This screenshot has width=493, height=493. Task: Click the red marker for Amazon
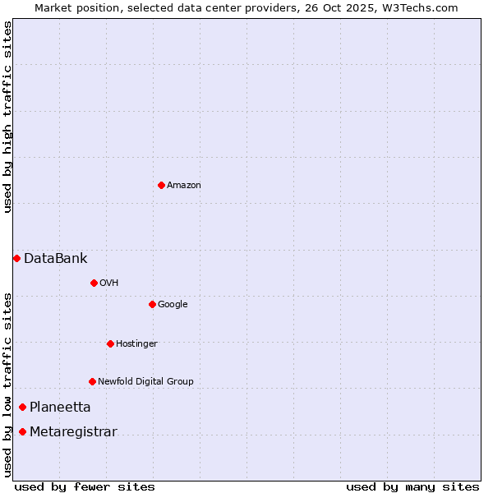(161, 185)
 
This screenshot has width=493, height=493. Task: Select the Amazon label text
(184, 186)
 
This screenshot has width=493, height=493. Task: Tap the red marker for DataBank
(16, 258)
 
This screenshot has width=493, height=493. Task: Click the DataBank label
(55, 259)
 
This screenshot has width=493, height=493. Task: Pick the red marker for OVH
(94, 283)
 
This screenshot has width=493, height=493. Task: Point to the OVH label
(109, 283)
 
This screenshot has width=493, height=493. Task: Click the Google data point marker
(152, 304)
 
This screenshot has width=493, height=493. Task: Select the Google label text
(173, 305)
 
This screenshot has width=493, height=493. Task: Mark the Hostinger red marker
(110, 343)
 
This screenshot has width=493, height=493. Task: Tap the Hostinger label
(136, 343)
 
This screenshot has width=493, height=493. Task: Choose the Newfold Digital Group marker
(92, 381)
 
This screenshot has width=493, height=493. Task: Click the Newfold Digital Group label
(145, 381)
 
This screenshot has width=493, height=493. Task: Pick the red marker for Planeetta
(22, 407)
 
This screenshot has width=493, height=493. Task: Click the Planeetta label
(60, 408)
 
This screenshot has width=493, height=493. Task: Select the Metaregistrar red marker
(22, 431)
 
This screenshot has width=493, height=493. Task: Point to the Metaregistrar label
(73, 432)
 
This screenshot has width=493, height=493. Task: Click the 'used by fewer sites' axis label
(85, 486)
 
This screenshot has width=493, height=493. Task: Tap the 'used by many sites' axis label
(412, 486)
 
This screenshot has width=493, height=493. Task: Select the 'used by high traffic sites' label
(8, 117)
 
